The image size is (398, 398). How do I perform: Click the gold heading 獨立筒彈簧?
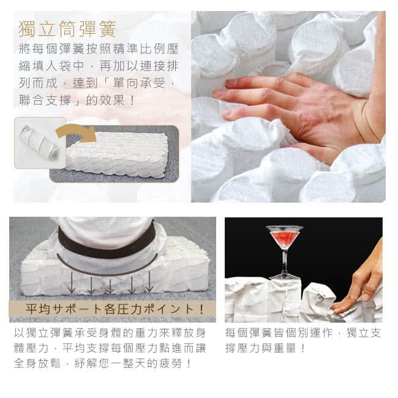[67, 29]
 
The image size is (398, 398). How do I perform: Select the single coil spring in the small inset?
[39, 143]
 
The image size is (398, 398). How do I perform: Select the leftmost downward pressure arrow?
[72, 282]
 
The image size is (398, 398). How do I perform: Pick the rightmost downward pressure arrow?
[149, 282]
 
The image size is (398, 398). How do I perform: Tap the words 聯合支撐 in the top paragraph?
[45, 100]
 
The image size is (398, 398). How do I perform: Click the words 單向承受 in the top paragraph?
[140, 83]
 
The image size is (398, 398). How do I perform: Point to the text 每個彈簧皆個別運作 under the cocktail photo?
[279, 332]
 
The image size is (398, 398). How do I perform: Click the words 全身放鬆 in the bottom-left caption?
[37, 363]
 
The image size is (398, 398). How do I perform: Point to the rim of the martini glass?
[284, 228]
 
